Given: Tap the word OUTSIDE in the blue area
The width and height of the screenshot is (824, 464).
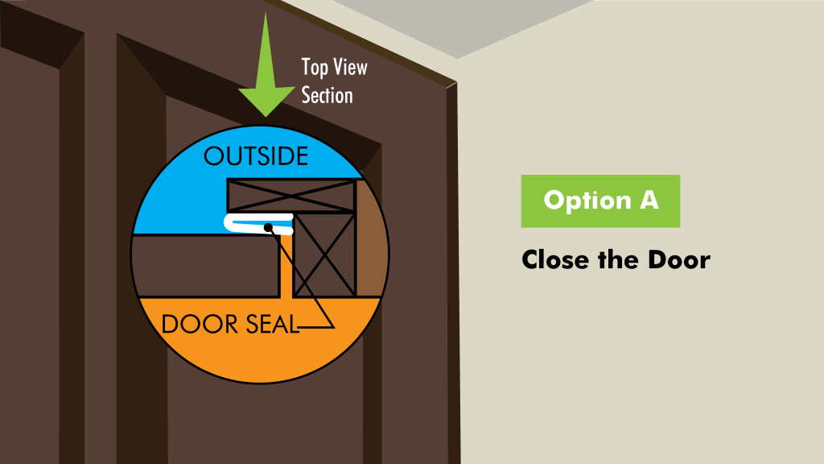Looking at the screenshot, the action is tap(256, 157).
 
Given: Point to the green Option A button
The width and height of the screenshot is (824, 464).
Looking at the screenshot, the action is tap(600, 201).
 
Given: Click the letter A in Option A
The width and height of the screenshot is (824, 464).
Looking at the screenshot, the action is tap(649, 200).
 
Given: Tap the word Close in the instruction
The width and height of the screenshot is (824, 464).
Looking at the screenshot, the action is tap(555, 260).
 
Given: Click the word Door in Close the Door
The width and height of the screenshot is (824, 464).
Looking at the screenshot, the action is tap(678, 260).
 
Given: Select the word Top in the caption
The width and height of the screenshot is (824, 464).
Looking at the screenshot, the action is tap(315, 68).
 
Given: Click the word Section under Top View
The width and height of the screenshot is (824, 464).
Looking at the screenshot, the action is tap(327, 96).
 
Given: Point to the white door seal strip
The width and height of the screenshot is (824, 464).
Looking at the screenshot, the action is tap(258, 223).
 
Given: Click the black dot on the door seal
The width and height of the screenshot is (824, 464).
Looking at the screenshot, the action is tap(268, 227).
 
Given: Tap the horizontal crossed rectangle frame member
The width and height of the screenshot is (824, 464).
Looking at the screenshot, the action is tap(291, 196).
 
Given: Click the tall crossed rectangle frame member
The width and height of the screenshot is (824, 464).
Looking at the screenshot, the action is tap(325, 255).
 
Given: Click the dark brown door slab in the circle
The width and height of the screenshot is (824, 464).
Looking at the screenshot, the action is tap(205, 266).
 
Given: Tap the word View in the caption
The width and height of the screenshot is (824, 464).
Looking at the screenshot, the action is tap(351, 68).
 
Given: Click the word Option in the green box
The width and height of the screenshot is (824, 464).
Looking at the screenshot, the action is tap(587, 201).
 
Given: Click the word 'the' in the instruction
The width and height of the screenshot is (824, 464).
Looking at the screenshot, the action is tap(618, 260).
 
